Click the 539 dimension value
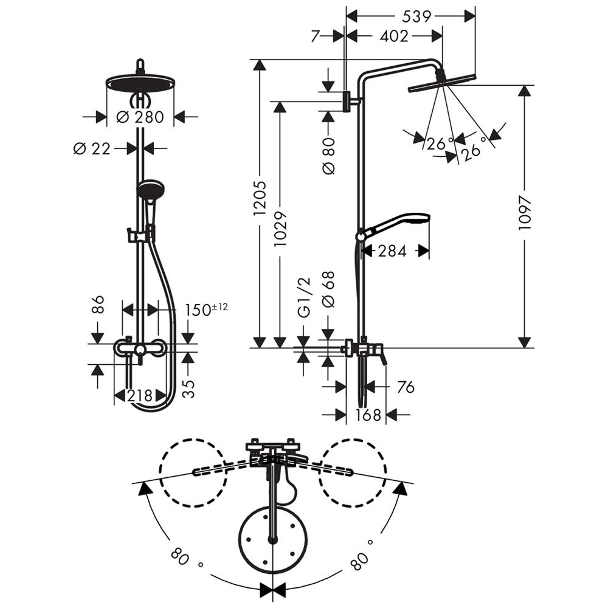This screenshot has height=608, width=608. click(x=416, y=16)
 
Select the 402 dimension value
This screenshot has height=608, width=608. click(x=393, y=36)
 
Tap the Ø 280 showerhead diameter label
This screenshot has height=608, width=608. click(x=140, y=117)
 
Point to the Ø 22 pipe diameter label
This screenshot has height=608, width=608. click(x=92, y=148)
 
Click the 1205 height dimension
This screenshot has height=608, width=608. click(x=260, y=198)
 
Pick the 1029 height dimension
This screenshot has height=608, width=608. click(x=280, y=229)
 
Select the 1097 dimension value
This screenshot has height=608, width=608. click(x=524, y=212)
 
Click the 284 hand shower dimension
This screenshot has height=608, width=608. click(x=392, y=251)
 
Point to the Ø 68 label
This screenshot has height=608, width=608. click(x=328, y=289)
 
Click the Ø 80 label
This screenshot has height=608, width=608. click(x=328, y=156)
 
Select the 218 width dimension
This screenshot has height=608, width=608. click(x=140, y=396)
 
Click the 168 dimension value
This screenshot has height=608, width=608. click(x=368, y=415)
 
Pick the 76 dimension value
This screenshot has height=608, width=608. click(x=406, y=387)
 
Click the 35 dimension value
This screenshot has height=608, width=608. click(x=188, y=389)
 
